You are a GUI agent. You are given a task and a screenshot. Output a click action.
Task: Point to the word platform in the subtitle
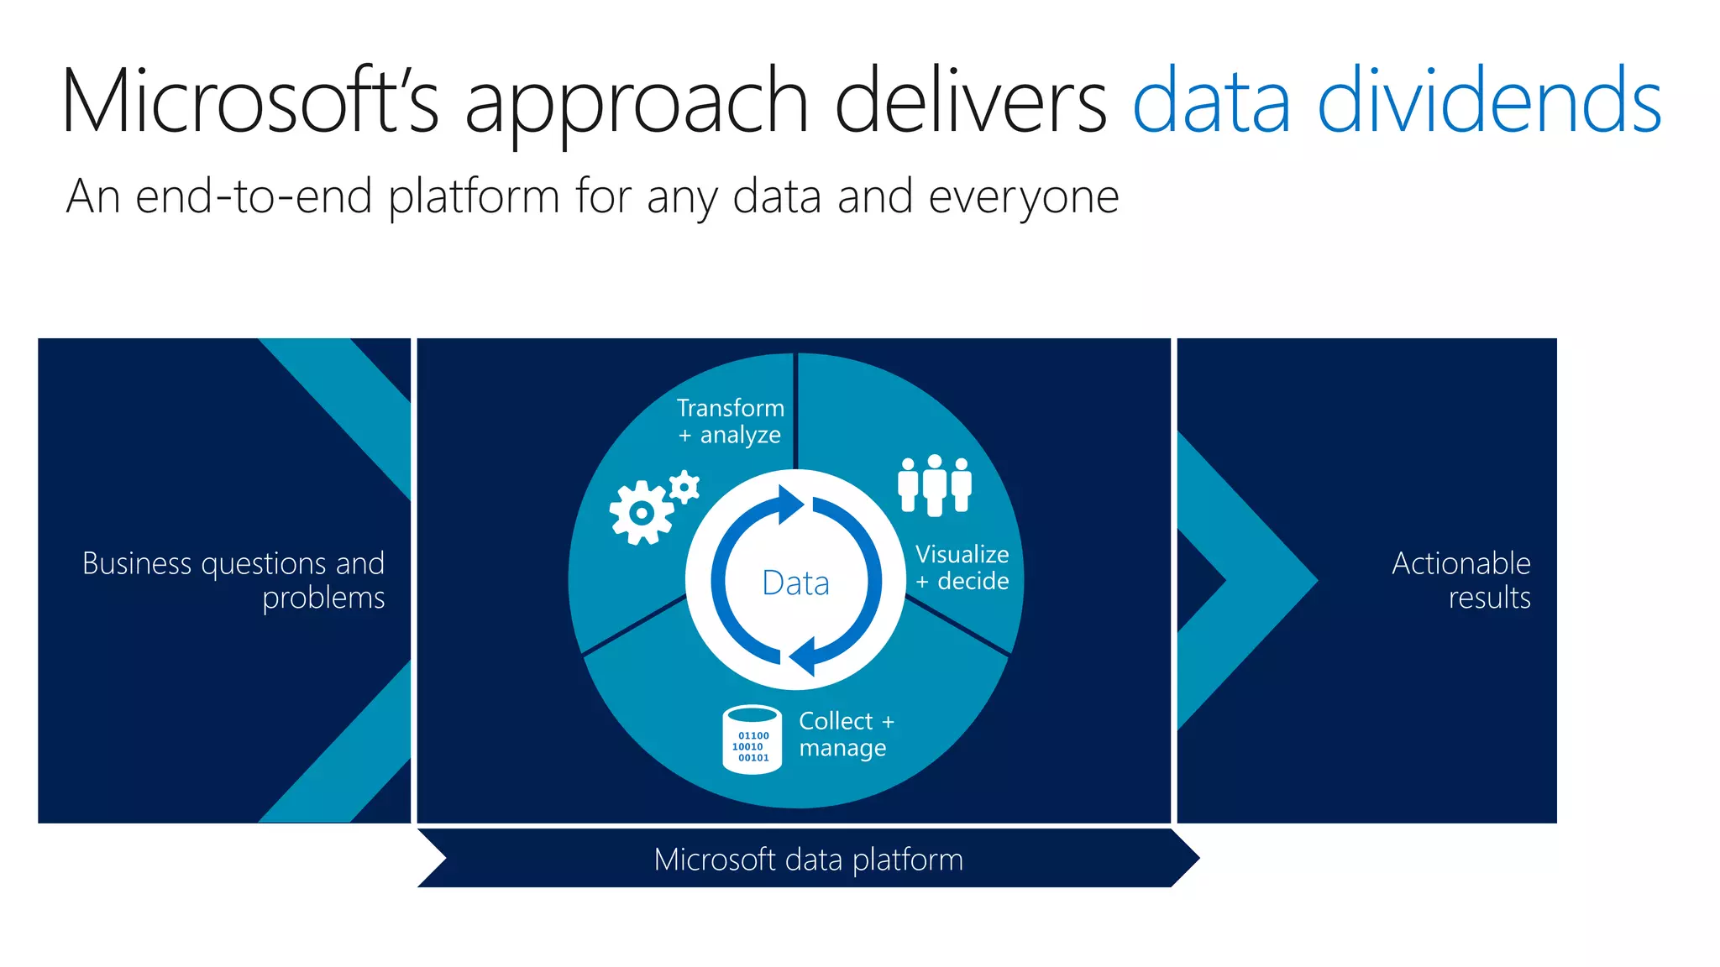(474, 198)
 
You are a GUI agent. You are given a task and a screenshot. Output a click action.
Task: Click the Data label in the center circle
(795, 583)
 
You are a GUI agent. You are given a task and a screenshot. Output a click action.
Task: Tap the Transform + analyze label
(730, 421)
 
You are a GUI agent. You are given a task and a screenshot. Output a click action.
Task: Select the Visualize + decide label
(962, 567)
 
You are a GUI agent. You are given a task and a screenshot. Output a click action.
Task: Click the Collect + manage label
(846, 734)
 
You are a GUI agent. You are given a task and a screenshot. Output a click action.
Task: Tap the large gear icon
(642, 513)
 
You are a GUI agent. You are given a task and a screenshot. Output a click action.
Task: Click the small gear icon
(684, 487)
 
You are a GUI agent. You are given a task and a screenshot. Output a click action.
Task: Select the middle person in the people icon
(934, 486)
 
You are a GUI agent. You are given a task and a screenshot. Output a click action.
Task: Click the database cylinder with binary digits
(752, 740)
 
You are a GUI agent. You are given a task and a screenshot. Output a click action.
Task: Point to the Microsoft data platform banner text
(808, 860)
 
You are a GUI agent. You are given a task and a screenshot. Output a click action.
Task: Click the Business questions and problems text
(233, 580)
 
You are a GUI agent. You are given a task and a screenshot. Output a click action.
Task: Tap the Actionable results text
(1460, 580)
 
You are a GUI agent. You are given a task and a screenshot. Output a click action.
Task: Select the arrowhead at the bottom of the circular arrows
(802, 656)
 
